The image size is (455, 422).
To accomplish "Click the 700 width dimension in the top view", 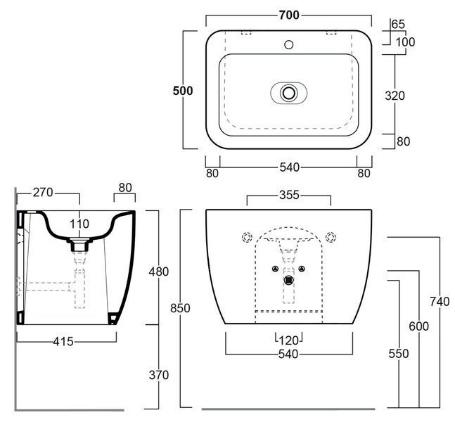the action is point(289,15).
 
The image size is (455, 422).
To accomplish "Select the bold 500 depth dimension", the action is point(183,91).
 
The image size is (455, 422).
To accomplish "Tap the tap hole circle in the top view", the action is point(289,45).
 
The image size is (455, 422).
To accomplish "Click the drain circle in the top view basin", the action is point(289,93).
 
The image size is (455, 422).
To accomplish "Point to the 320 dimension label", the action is point(395,96).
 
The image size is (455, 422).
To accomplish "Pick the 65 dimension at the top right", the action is point(398,24).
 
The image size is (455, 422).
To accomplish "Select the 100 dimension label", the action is point(405,42).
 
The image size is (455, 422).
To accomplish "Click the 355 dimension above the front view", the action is point(289,195).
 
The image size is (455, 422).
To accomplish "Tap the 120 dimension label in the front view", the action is point(289,340).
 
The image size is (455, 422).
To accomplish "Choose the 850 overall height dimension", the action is point(180,308).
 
